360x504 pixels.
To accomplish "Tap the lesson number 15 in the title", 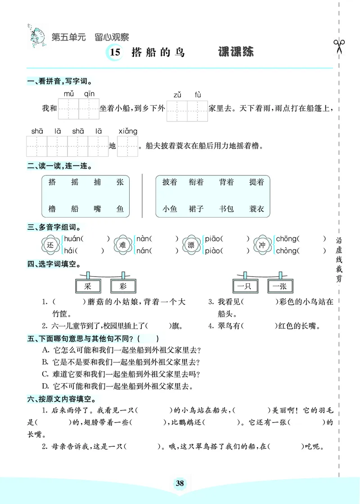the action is pyautogui.click(x=115, y=53).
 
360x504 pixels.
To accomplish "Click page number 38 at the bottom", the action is pyautogui.click(x=180, y=484).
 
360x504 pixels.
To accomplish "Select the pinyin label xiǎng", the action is pyautogui.click(x=128, y=131).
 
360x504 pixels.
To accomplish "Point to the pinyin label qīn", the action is pyautogui.click(x=89, y=94).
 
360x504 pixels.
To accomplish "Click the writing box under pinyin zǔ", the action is pyautogui.click(x=177, y=110).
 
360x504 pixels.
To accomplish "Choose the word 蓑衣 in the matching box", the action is pyautogui.click(x=256, y=209).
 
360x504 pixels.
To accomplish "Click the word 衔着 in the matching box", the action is pyautogui.click(x=196, y=182).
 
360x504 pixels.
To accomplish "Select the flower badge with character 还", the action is pyautogui.click(x=50, y=244).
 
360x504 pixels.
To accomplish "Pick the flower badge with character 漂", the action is pyautogui.click(x=191, y=244).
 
